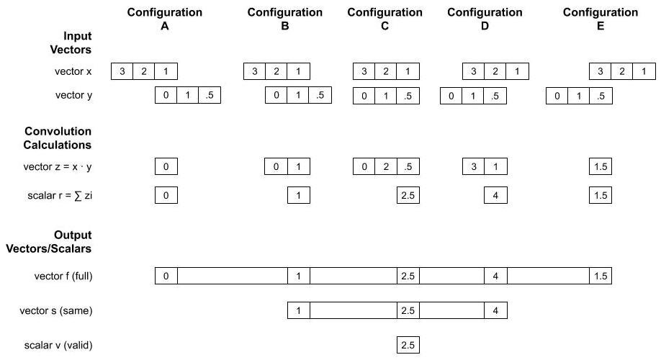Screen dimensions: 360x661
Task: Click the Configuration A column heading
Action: tap(165, 19)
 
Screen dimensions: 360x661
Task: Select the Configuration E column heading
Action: tap(601, 19)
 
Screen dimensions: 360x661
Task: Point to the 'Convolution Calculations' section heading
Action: tap(58, 138)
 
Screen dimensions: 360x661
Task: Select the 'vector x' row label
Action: tap(74, 71)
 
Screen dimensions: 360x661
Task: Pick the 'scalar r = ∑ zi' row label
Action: tap(60, 195)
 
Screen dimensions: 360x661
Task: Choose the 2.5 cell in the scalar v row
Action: tap(408, 346)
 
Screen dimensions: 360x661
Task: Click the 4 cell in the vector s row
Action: tap(495, 311)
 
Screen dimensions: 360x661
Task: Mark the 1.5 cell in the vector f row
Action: tap(601, 276)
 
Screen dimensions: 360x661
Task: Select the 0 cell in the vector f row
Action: tap(166, 276)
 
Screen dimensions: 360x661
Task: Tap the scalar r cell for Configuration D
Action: tap(495, 195)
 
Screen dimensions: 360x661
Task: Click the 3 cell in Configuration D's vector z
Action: tap(473, 167)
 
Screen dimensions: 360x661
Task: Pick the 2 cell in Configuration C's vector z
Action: tap(386, 167)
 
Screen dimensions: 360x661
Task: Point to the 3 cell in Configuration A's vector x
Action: tap(122, 71)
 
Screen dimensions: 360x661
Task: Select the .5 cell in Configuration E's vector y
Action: tap(601, 96)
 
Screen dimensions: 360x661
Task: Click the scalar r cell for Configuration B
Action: tap(298, 195)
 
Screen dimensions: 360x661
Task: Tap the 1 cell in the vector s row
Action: tap(298, 311)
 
